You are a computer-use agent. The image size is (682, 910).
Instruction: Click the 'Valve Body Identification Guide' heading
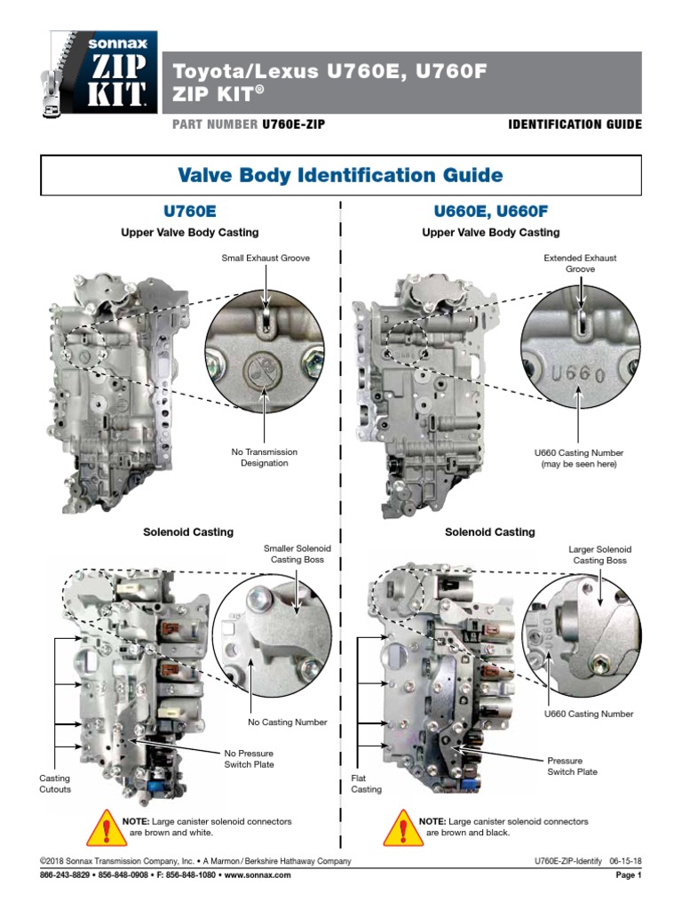tap(341, 175)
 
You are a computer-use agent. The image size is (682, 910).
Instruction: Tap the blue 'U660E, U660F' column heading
tap(490, 212)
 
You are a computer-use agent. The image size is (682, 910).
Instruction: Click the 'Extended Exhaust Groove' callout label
tap(580, 263)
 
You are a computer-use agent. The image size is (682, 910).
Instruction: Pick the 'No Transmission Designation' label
tap(264, 458)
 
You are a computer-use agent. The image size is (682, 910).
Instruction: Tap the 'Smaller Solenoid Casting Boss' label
tap(296, 555)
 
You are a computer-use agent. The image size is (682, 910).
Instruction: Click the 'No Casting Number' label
tap(288, 722)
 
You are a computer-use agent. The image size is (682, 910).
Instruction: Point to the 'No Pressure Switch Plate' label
tap(249, 759)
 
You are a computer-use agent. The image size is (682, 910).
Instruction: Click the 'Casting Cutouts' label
tap(54, 784)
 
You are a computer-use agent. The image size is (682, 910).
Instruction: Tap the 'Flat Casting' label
tap(366, 784)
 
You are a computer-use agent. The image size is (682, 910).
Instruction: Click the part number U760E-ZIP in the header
tap(292, 124)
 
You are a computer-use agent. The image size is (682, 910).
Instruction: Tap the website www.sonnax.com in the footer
tap(257, 875)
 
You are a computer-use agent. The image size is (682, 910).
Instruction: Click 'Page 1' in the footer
tap(628, 875)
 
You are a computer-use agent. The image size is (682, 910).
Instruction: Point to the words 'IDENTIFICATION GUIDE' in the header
tap(574, 124)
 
